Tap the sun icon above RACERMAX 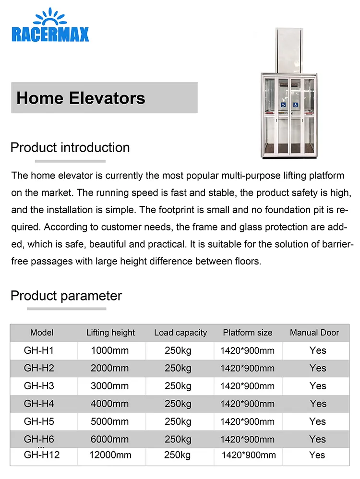coord(50,17)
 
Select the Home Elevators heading coord(81,98)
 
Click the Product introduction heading coord(70,147)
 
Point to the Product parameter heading coord(66,296)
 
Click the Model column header coord(42,333)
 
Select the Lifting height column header coord(110,333)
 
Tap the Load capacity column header coord(180,333)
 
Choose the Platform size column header coord(247,333)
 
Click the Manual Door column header coord(314,333)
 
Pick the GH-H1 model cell coord(39,350)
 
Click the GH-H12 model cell coord(42,455)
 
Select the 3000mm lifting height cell coord(110,386)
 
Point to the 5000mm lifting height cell coord(110,421)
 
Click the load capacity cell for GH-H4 coord(178,404)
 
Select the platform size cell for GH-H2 coord(248,368)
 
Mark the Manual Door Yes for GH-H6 coord(318,439)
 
